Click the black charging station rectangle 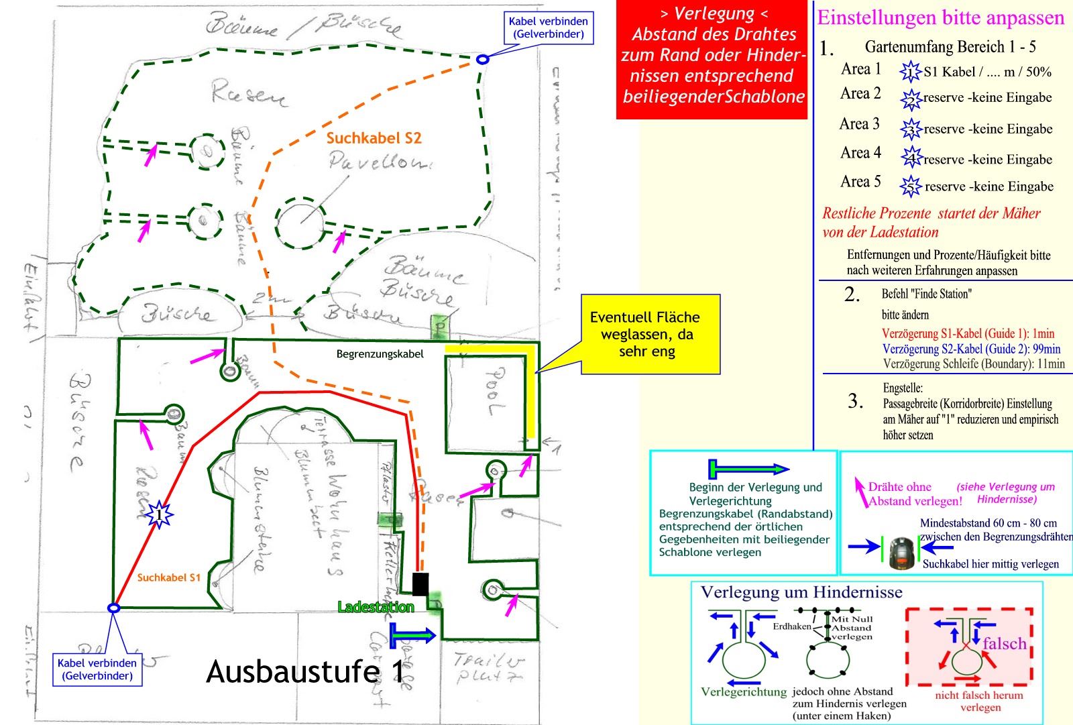point(420,584)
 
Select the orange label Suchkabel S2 point(374,138)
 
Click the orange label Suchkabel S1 point(168,577)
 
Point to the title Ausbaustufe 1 point(306,671)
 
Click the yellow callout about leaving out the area point(649,334)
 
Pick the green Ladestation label point(376,607)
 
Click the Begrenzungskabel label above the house point(380,354)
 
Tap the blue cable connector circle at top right point(482,59)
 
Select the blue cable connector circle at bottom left point(114,608)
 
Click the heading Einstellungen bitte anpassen point(940,18)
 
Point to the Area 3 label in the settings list point(860,124)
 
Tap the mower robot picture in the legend point(902,553)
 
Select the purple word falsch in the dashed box point(1005,644)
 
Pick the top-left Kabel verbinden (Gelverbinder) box point(549,27)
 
